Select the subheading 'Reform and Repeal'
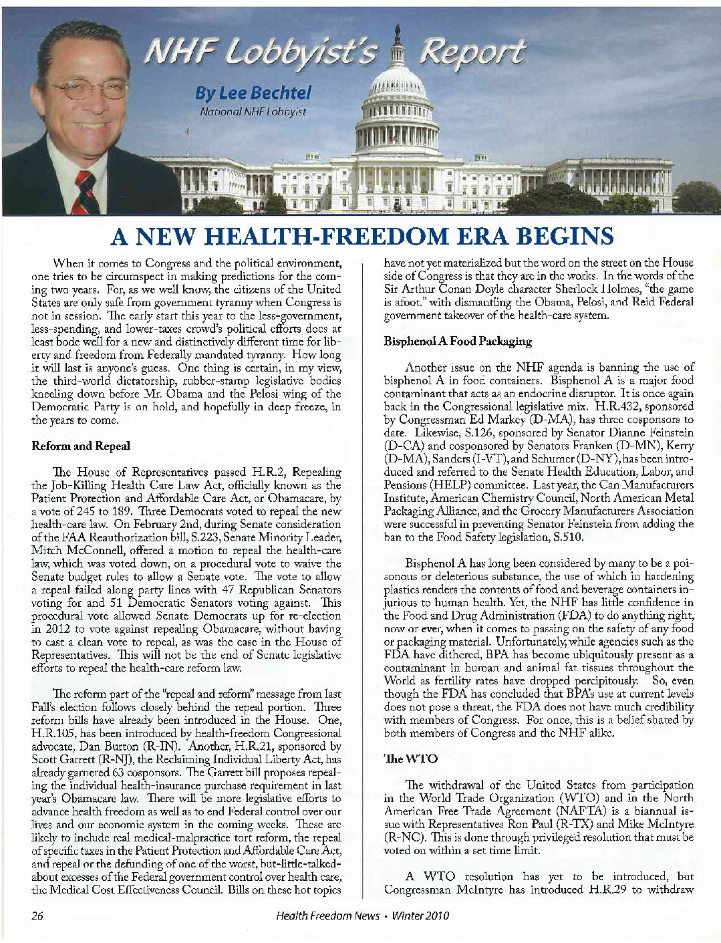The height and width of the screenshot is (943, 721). click(x=81, y=446)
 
